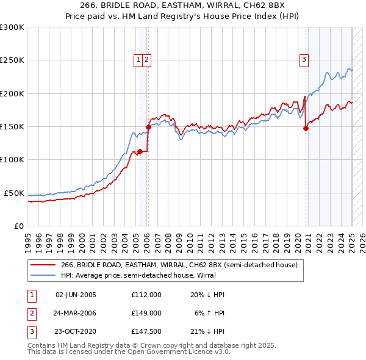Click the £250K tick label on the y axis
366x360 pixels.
[12, 60]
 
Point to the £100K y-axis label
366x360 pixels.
[12, 160]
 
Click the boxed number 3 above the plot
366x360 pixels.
[304, 60]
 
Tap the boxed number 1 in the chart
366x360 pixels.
[138, 60]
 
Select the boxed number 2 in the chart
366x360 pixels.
[148, 60]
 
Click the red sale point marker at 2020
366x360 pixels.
[306, 128]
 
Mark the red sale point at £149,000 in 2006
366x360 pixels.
[148, 127]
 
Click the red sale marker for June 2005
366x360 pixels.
[140, 151]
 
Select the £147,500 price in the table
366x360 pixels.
[146, 332]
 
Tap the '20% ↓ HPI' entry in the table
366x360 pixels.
[208, 294]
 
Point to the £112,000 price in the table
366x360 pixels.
[146, 294]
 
